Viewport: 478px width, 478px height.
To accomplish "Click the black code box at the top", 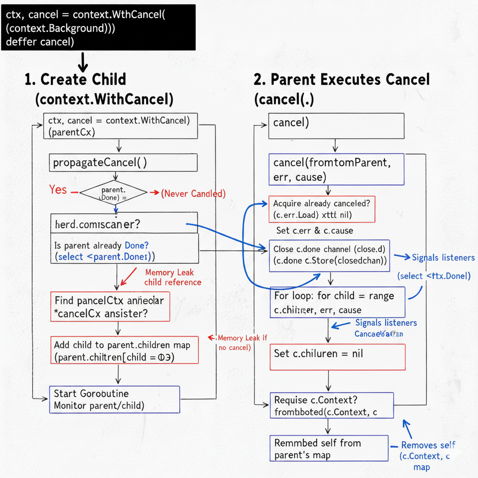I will pos(98,27).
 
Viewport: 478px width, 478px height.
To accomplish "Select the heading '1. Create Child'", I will pos(75,79).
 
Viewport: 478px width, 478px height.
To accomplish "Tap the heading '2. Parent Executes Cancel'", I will pos(341,79).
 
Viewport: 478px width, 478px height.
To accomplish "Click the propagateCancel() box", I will pos(123,162).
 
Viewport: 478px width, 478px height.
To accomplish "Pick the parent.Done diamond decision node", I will pos(113,193).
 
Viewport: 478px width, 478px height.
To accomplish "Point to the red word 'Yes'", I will pos(58,190).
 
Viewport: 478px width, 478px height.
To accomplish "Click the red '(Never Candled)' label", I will pos(193,193).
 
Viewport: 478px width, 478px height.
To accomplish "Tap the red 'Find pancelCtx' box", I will pos(110,307).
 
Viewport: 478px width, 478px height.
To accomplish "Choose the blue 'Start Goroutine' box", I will pos(114,399).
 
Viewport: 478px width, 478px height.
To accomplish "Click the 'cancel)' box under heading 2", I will pos(336,126).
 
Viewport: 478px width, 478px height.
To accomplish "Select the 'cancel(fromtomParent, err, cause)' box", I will pos(336,169).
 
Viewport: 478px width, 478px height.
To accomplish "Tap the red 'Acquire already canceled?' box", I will pos(322,209).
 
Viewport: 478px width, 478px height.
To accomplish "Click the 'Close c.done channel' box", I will pos(329,255).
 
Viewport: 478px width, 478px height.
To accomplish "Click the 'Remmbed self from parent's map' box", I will pos(329,448).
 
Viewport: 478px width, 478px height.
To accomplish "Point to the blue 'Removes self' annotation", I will pos(428,445).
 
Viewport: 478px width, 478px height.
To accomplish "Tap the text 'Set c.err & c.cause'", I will pos(315,231).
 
